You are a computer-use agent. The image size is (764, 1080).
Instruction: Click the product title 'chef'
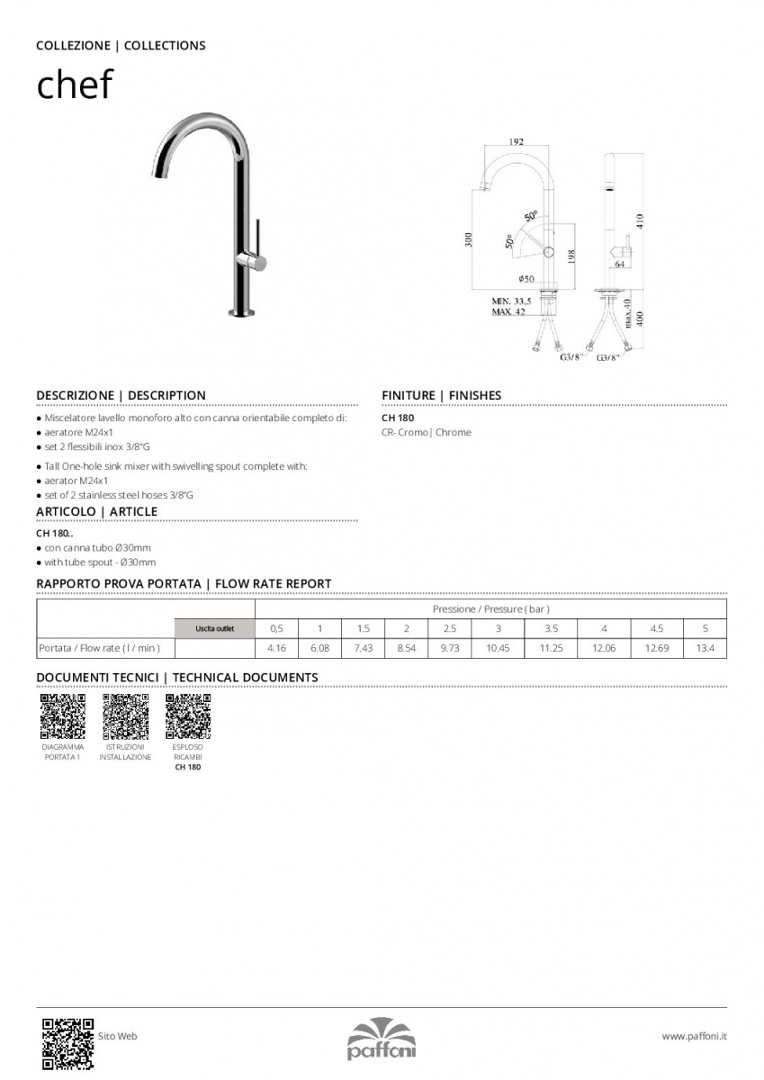[74, 85]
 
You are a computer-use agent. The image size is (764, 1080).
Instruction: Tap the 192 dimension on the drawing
[517, 142]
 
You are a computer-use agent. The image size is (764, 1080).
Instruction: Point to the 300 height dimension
[469, 240]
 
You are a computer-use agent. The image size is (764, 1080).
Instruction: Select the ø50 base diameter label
[526, 279]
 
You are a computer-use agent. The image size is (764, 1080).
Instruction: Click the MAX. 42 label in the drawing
[508, 311]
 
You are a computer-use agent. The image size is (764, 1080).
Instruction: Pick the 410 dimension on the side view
[640, 220]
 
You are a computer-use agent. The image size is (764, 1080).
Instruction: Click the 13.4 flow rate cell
[706, 648]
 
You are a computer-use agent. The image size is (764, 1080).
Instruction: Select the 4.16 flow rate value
[277, 648]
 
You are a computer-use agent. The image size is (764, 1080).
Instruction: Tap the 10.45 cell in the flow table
[498, 648]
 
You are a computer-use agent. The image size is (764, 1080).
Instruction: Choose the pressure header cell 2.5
[450, 628]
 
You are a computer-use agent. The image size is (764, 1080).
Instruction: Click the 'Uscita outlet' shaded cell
[215, 628]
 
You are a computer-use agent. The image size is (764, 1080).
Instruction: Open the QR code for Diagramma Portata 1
[63, 716]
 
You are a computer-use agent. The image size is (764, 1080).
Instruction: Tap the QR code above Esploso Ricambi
[188, 716]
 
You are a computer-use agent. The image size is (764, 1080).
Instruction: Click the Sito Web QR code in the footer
[67, 1043]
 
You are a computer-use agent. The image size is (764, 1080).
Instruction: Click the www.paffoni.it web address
[694, 1037]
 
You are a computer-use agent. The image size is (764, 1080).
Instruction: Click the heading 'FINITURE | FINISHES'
[441, 395]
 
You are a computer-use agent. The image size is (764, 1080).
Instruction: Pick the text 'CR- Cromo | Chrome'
[426, 433]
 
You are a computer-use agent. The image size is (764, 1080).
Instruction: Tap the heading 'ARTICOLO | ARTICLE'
[96, 511]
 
